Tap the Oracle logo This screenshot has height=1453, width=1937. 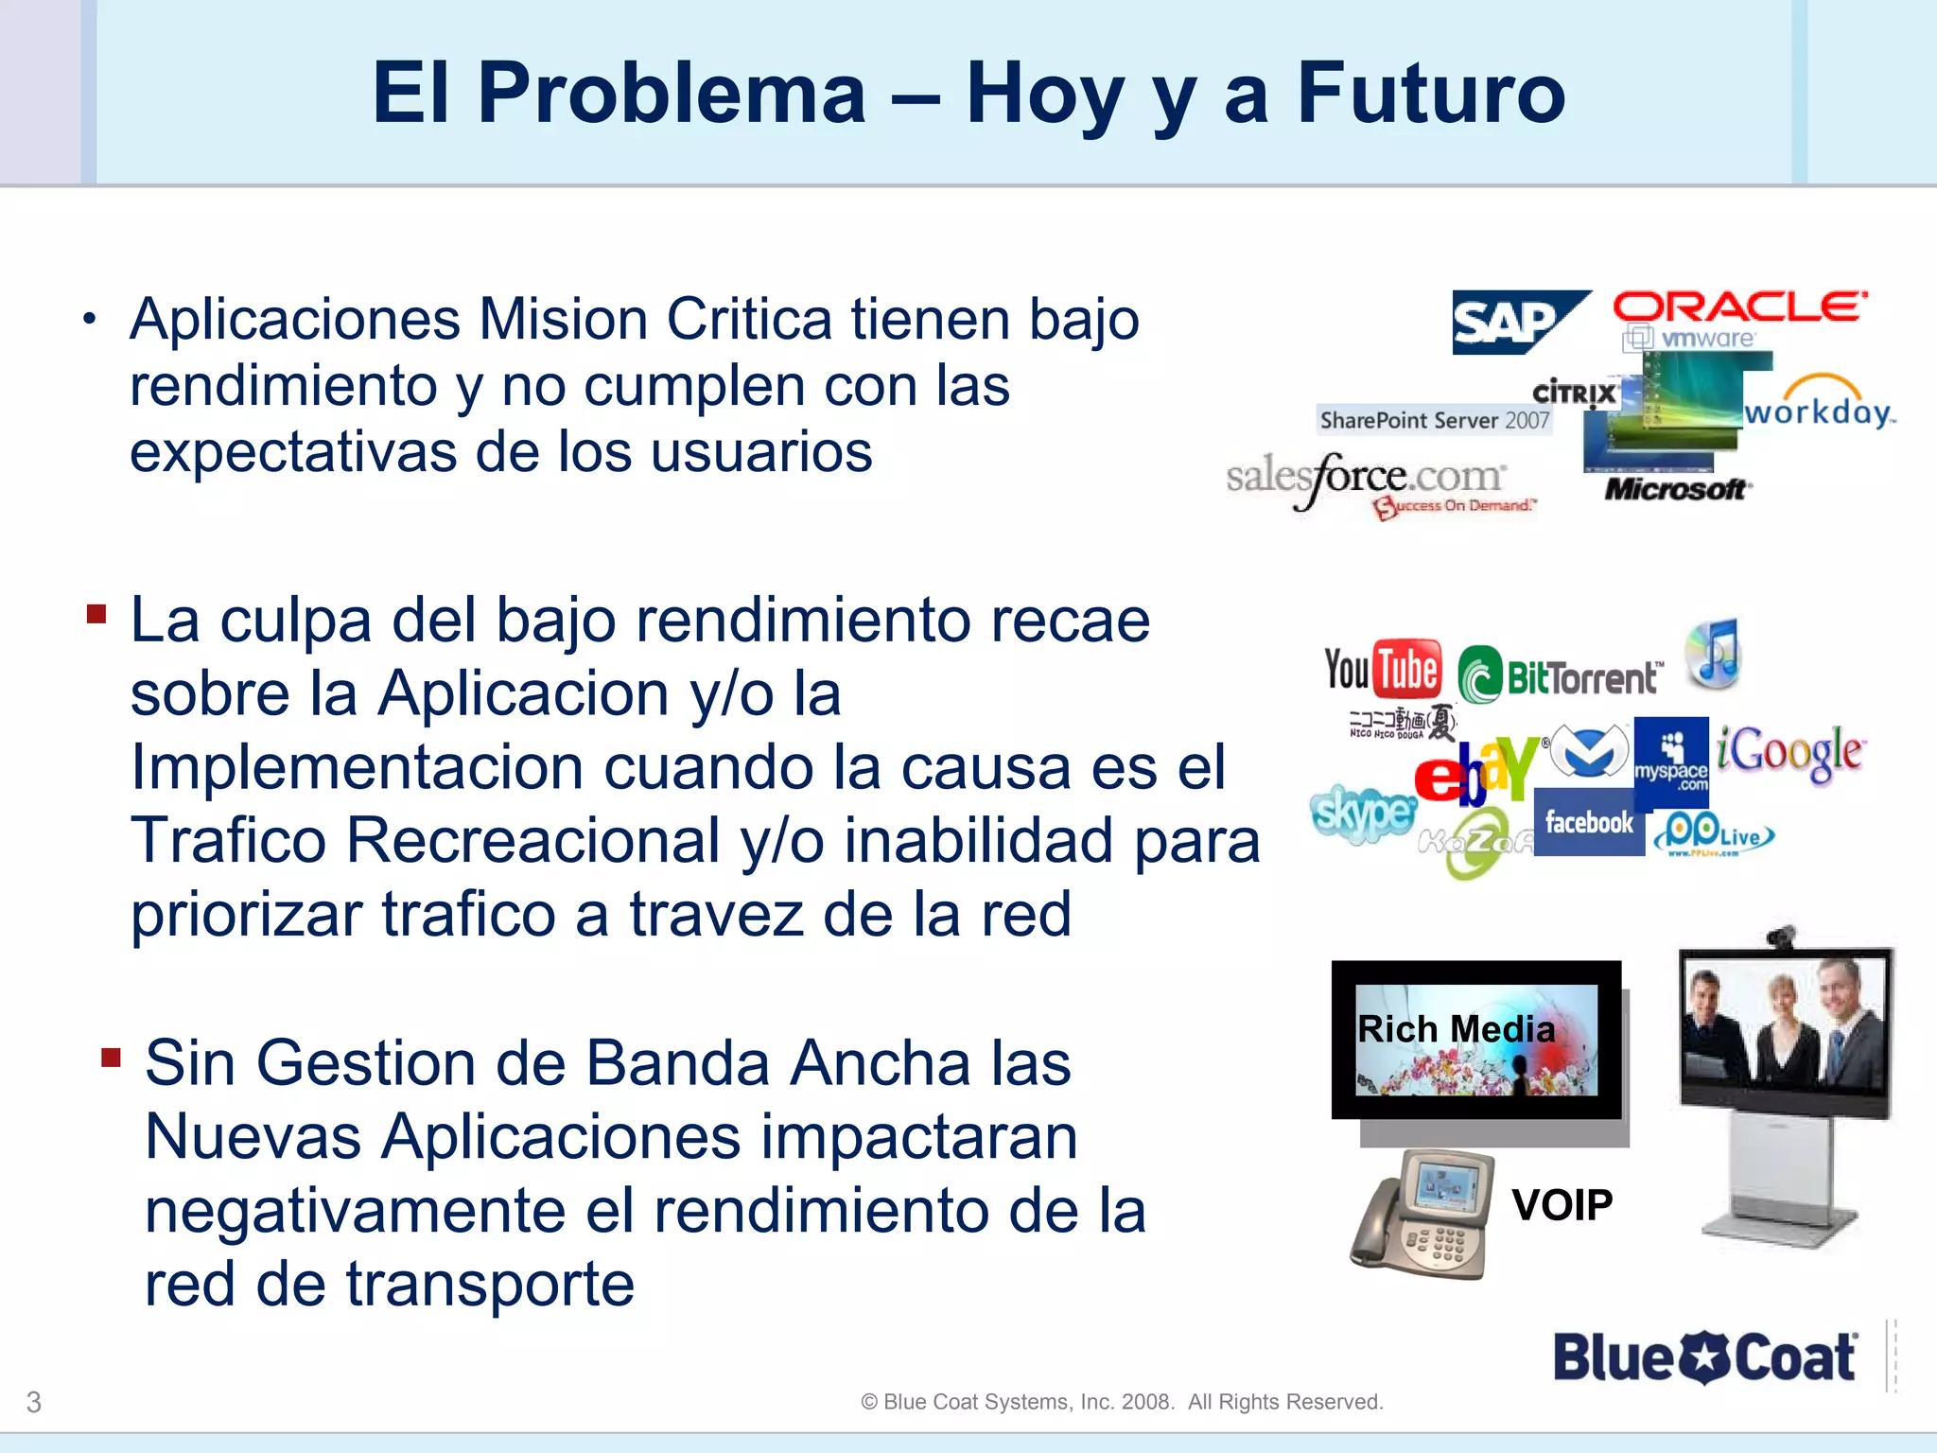click(x=1739, y=307)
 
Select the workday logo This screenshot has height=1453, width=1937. click(x=1819, y=407)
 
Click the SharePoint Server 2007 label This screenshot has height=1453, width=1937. click(x=1434, y=420)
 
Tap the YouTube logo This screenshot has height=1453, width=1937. click(x=1383, y=670)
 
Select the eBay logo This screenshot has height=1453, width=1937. click(x=1477, y=769)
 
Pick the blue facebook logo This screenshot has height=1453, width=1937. click(x=1589, y=822)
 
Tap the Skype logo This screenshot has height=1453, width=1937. click(x=1362, y=813)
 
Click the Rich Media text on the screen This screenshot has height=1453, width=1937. click(x=1457, y=1029)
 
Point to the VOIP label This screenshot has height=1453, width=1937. click(x=1562, y=1205)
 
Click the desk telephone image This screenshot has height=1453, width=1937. click(x=1424, y=1215)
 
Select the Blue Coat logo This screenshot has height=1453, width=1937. click(x=1705, y=1357)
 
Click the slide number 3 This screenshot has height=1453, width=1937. click(x=34, y=1402)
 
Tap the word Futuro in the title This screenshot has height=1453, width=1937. click(x=1431, y=93)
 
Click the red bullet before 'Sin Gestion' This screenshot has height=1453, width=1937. click(x=112, y=1057)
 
